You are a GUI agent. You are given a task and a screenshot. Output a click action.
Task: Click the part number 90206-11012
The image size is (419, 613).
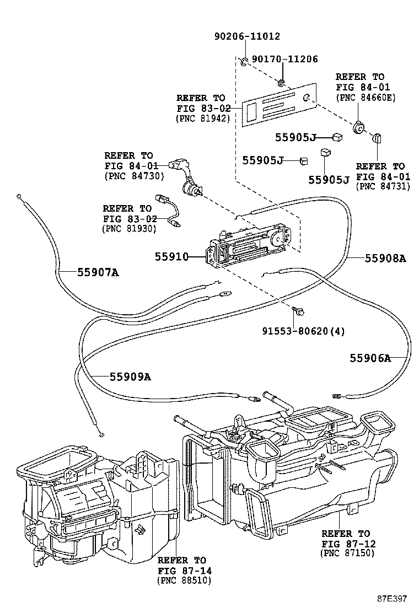pyautogui.click(x=247, y=37)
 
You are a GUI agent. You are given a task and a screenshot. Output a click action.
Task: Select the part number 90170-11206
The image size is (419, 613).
pyautogui.click(x=285, y=59)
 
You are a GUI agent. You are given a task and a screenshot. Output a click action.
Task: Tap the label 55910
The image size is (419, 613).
pyautogui.click(x=171, y=256)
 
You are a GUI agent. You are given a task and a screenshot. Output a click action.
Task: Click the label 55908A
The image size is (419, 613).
pyautogui.click(x=385, y=257)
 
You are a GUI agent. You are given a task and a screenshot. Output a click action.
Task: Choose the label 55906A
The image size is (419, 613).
pyautogui.click(x=370, y=358)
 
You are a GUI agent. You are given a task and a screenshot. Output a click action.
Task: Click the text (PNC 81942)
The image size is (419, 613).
pyautogui.click(x=202, y=118)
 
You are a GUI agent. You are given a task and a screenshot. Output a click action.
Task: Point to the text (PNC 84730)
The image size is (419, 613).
pyautogui.click(x=130, y=175)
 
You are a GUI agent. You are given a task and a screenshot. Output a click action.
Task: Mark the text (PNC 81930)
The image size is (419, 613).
pyautogui.click(x=129, y=228)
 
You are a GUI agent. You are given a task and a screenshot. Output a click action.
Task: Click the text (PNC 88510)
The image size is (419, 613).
pyautogui.click(x=184, y=580)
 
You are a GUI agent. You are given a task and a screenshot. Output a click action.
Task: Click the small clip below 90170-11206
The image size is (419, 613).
pyautogui.click(x=281, y=83)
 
